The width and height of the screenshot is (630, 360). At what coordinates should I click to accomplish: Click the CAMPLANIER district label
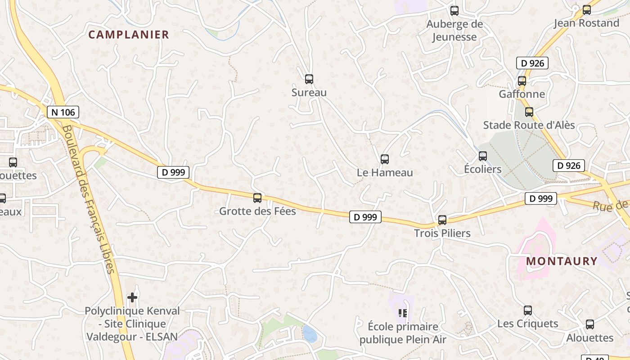tap(129, 35)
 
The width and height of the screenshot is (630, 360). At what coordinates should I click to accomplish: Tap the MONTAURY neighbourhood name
tap(562, 261)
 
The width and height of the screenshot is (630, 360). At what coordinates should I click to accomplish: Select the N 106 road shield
tap(63, 112)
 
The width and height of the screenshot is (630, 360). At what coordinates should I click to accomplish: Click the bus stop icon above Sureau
tap(309, 79)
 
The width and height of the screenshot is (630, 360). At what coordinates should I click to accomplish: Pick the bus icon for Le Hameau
tap(385, 159)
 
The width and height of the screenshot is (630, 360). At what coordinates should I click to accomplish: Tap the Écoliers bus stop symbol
tap(483, 156)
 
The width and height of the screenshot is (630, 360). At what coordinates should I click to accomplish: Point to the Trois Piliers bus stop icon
tap(442, 220)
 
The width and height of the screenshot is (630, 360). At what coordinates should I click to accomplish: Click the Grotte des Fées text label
tap(257, 211)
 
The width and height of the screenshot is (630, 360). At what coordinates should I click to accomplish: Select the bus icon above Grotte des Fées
tap(257, 198)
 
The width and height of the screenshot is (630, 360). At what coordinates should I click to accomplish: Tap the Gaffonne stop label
tap(522, 94)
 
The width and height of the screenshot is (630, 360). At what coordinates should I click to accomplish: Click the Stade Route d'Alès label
tap(529, 125)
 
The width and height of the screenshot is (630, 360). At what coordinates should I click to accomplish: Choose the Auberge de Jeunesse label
tap(454, 31)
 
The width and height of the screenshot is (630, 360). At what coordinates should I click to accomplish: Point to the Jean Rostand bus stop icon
tap(587, 9)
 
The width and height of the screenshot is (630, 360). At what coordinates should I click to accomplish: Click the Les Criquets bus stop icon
tap(528, 310)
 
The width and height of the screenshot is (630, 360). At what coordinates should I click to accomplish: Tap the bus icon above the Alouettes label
tap(590, 324)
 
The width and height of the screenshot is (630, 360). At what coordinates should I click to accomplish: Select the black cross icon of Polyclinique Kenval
tap(132, 297)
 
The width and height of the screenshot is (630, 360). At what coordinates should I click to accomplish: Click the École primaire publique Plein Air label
tap(403, 333)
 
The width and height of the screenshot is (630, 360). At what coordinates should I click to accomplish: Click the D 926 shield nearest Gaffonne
tap(532, 63)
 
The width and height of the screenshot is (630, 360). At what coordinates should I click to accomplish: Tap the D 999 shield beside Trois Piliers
tap(541, 198)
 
